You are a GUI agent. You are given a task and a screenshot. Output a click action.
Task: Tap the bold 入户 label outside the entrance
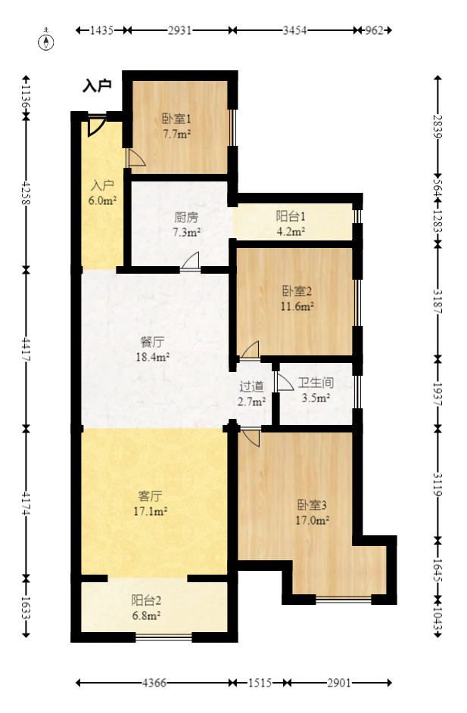97,86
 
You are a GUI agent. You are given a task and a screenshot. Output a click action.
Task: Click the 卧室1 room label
176,119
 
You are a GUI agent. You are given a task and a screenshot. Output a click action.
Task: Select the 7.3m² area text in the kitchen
186,232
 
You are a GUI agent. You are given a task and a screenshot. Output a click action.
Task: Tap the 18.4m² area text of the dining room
152,357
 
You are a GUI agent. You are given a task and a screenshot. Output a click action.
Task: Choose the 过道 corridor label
252,386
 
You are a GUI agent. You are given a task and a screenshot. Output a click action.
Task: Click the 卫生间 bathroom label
316,383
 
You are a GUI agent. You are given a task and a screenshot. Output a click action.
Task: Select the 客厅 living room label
150,496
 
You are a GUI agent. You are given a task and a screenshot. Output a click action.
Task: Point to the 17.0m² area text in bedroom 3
312,520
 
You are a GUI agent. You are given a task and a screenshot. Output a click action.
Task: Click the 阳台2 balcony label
146,601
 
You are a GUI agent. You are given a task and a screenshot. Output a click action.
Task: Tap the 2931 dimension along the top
179,31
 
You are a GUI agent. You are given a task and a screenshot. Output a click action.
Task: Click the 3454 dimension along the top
294,31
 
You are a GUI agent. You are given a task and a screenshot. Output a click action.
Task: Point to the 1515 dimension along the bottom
259,683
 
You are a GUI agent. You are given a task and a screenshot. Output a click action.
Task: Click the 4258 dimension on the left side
26,193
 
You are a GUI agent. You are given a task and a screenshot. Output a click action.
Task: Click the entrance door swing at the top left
95,126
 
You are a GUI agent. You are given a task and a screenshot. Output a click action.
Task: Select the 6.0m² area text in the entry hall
103,200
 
